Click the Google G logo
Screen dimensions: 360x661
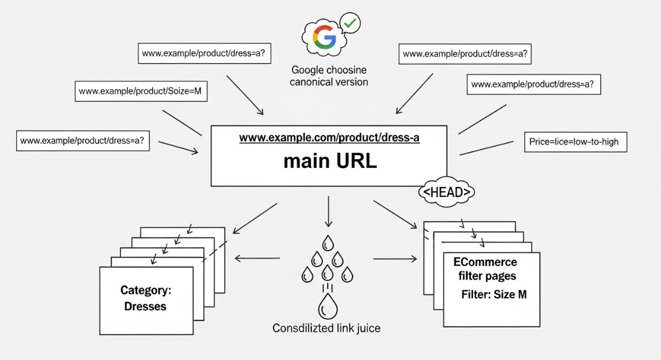tap(324, 37)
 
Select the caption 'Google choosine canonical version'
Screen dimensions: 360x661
tap(329, 76)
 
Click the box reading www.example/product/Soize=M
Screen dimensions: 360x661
tap(141, 91)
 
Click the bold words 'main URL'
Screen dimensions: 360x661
tap(329, 161)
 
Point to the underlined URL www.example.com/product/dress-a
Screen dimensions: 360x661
tap(329, 138)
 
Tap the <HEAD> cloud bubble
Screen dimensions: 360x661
tap(446, 193)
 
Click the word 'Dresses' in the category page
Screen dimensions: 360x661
tap(145, 306)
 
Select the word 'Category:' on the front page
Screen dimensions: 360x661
tap(145, 290)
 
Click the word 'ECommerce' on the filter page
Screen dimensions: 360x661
tap(485, 262)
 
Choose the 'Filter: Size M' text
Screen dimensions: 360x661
tap(494, 294)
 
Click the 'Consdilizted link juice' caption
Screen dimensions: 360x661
tap(326, 328)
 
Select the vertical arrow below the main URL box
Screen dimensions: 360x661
tap(329, 211)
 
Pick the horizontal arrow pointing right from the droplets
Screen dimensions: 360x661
tap(395, 258)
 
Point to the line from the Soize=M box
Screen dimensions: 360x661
tap(182, 122)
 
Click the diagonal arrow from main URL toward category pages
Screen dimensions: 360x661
tap(256, 217)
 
